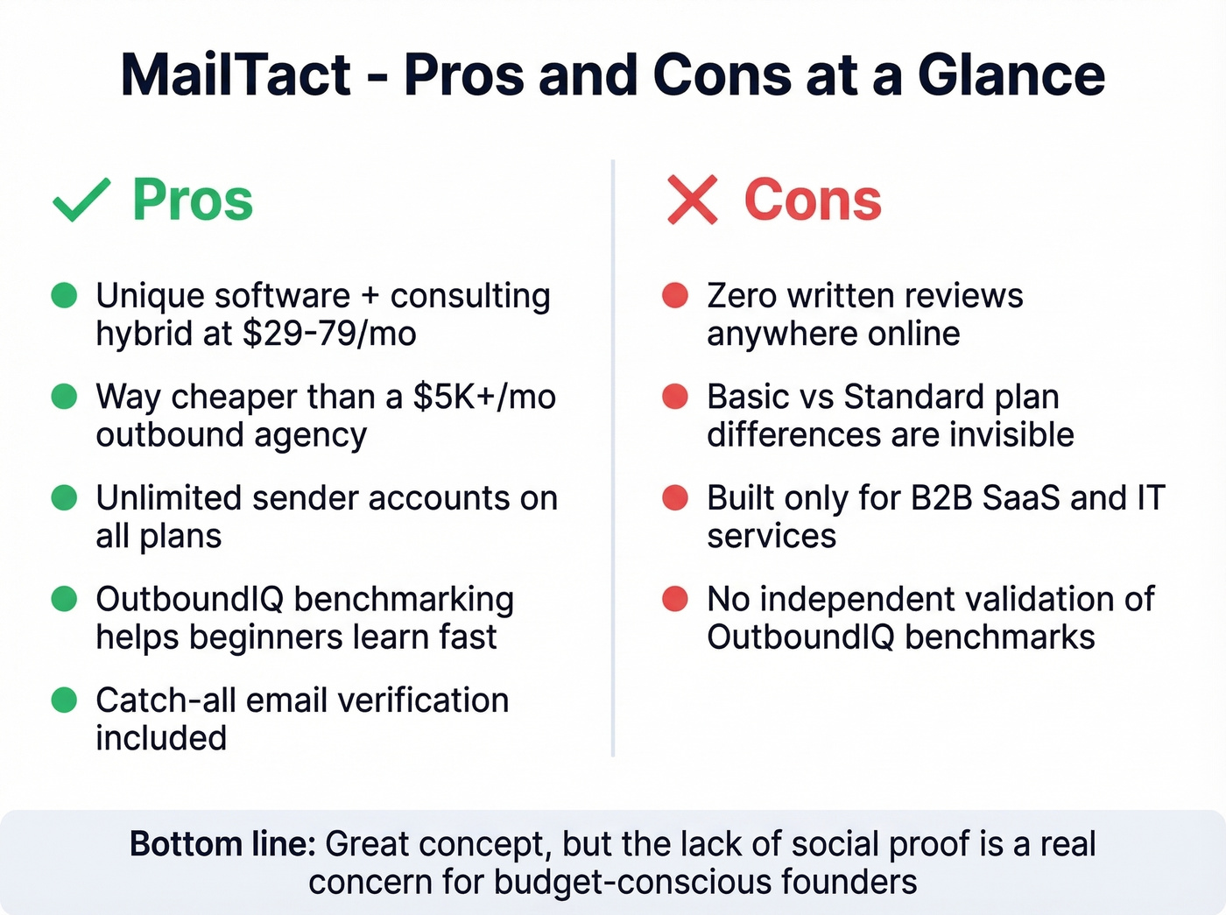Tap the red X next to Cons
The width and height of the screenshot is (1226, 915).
pos(692,200)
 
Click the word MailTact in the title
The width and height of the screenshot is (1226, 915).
pos(236,75)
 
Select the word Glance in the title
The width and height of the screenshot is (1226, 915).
pos(1011,75)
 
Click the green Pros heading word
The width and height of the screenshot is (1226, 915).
pos(193,200)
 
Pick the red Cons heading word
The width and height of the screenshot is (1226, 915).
pos(813,200)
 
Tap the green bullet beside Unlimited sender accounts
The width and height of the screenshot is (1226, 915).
pos(64,497)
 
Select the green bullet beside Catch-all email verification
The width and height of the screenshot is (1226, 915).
pos(64,700)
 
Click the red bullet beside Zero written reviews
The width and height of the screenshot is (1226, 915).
pos(675,295)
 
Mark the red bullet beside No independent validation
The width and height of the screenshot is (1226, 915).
pos(675,599)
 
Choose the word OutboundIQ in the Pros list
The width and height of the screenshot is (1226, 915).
pos(189,599)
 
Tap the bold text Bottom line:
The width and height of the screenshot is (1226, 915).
pos(222,844)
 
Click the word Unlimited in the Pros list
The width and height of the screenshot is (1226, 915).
pos(169,497)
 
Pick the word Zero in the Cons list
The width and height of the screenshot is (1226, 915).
pos(742,295)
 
